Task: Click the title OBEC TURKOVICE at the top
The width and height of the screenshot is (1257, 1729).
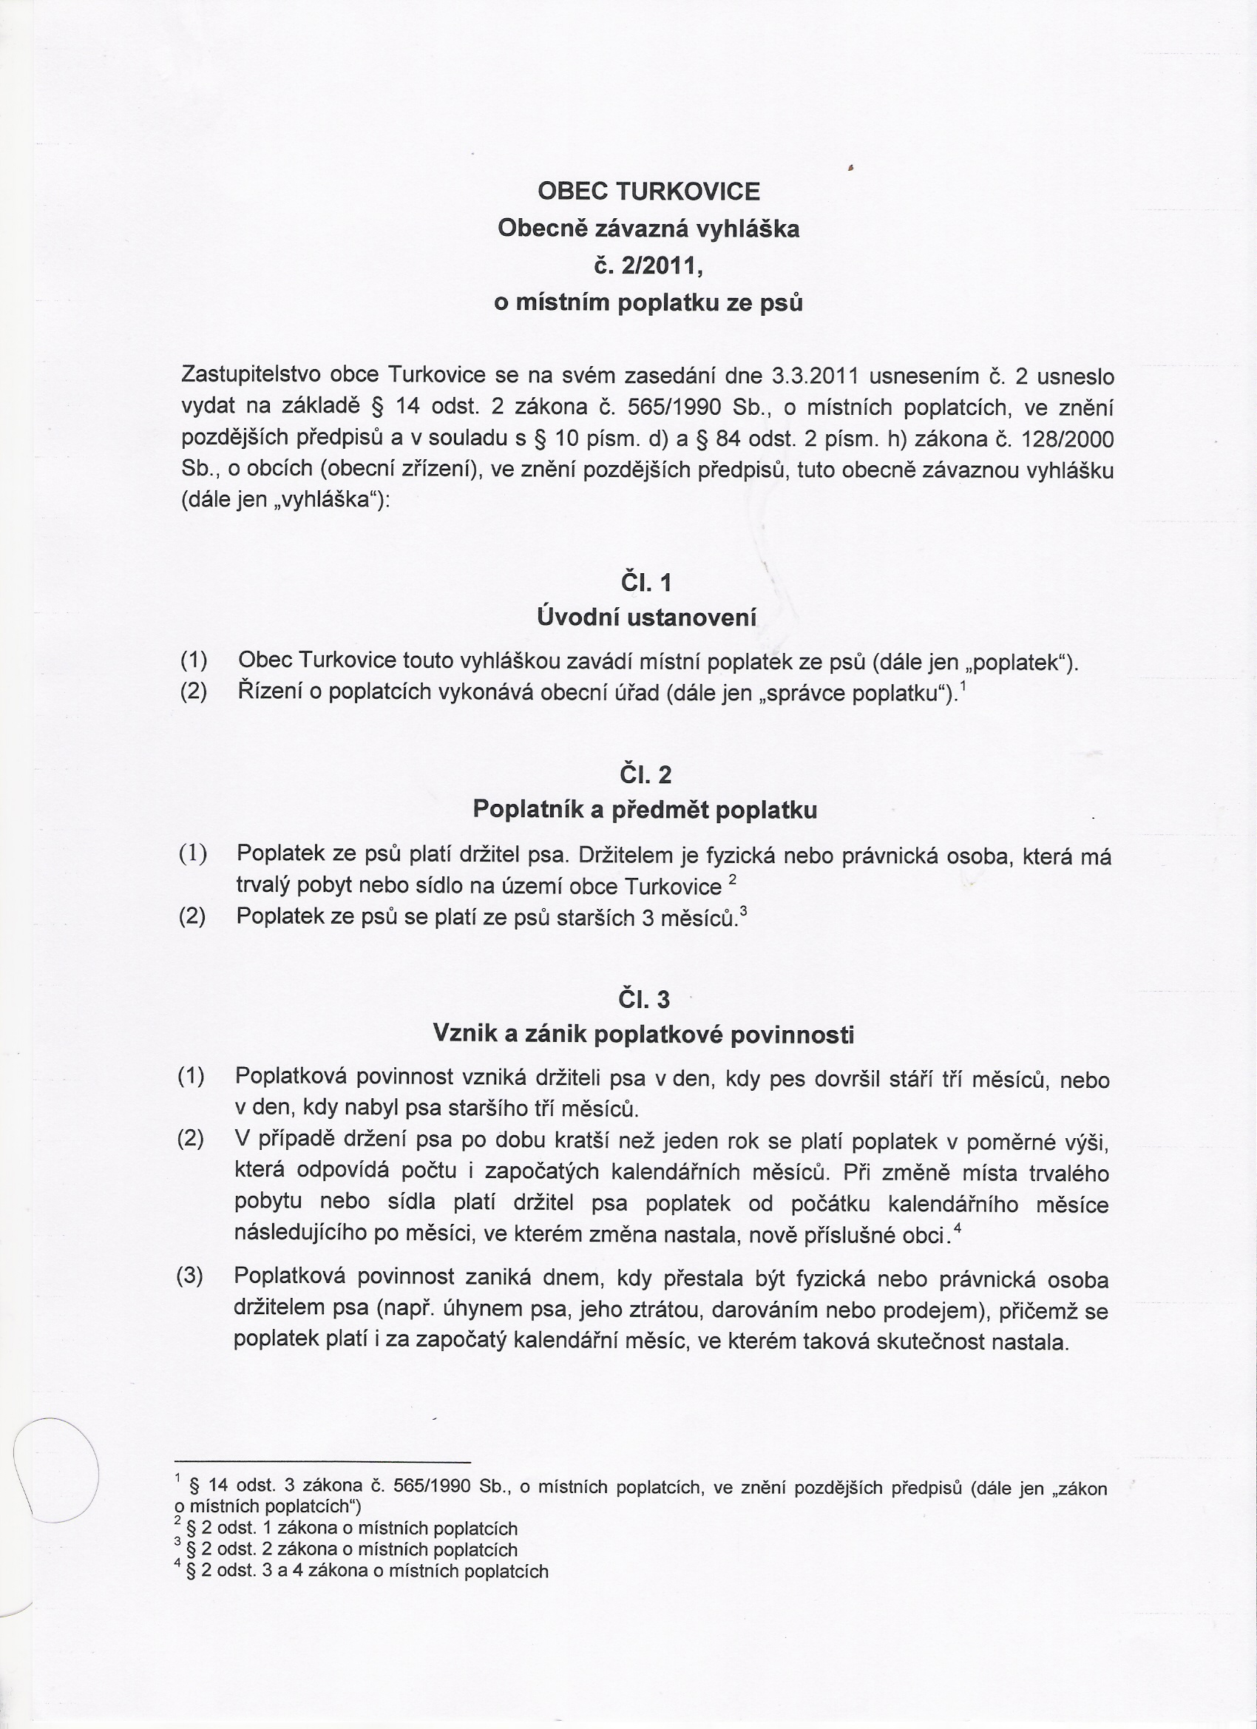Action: [x=648, y=191]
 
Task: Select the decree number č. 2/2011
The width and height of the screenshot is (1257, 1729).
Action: [x=648, y=265]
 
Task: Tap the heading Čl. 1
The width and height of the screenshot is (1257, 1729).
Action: [x=646, y=583]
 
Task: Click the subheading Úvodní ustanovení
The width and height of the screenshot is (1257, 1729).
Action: [x=646, y=617]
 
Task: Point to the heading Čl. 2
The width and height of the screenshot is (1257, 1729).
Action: [x=646, y=775]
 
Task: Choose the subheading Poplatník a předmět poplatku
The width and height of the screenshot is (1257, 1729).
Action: [x=645, y=809]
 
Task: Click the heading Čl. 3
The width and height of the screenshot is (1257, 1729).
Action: [x=644, y=998]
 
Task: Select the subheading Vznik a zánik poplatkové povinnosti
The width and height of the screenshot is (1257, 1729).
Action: [x=643, y=1034]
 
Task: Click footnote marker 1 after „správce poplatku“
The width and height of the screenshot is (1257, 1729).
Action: [x=963, y=687]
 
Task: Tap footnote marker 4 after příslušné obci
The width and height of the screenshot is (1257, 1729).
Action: [x=957, y=1228]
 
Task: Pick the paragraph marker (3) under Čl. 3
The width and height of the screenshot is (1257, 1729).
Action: [x=190, y=1276]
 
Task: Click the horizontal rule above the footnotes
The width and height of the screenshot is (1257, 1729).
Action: [x=322, y=1461]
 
